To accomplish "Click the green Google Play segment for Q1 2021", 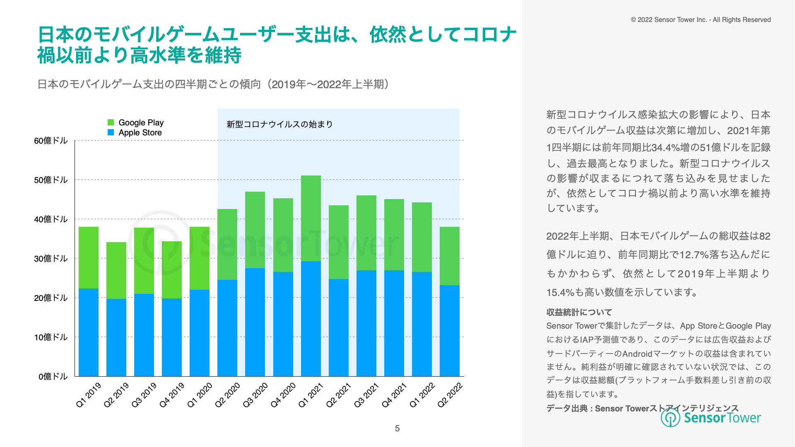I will coord(311,218).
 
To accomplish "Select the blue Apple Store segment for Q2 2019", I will coord(116,337).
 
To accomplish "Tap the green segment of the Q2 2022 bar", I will coord(450,256).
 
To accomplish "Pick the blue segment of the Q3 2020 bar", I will coord(255,322).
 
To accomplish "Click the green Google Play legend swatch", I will coord(111,123).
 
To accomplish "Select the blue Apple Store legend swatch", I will coord(111,132).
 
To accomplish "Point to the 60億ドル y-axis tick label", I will coord(51,141).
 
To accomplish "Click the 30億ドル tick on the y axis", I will coord(51,259).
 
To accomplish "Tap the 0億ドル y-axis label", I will coord(53,377).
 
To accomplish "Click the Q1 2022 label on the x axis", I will coord(422,395).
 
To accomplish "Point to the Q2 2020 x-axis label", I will coord(227,395).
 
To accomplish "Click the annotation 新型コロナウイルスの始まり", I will coord(279,124).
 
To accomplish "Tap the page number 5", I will coord(397,428).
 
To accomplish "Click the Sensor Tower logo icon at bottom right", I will coord(670,418).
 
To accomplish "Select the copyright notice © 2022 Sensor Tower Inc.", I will coord(701,20).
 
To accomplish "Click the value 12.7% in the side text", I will coord(694,255).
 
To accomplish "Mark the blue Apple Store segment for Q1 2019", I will coord(89,332).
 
